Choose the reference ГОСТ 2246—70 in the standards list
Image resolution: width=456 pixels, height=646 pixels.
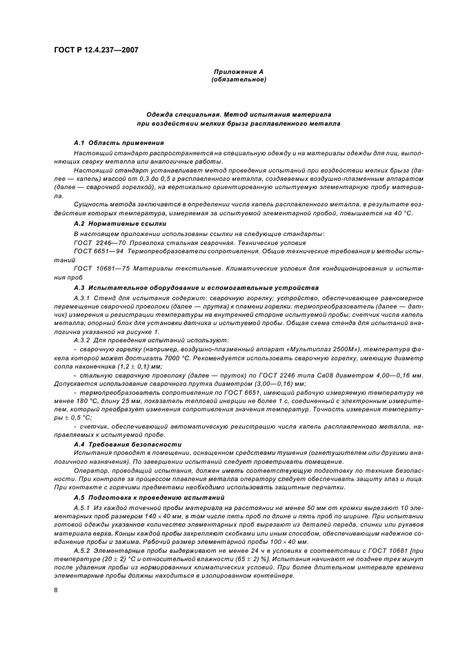click(95, 244)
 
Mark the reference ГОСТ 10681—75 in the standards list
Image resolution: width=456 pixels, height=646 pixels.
click(96, 266)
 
